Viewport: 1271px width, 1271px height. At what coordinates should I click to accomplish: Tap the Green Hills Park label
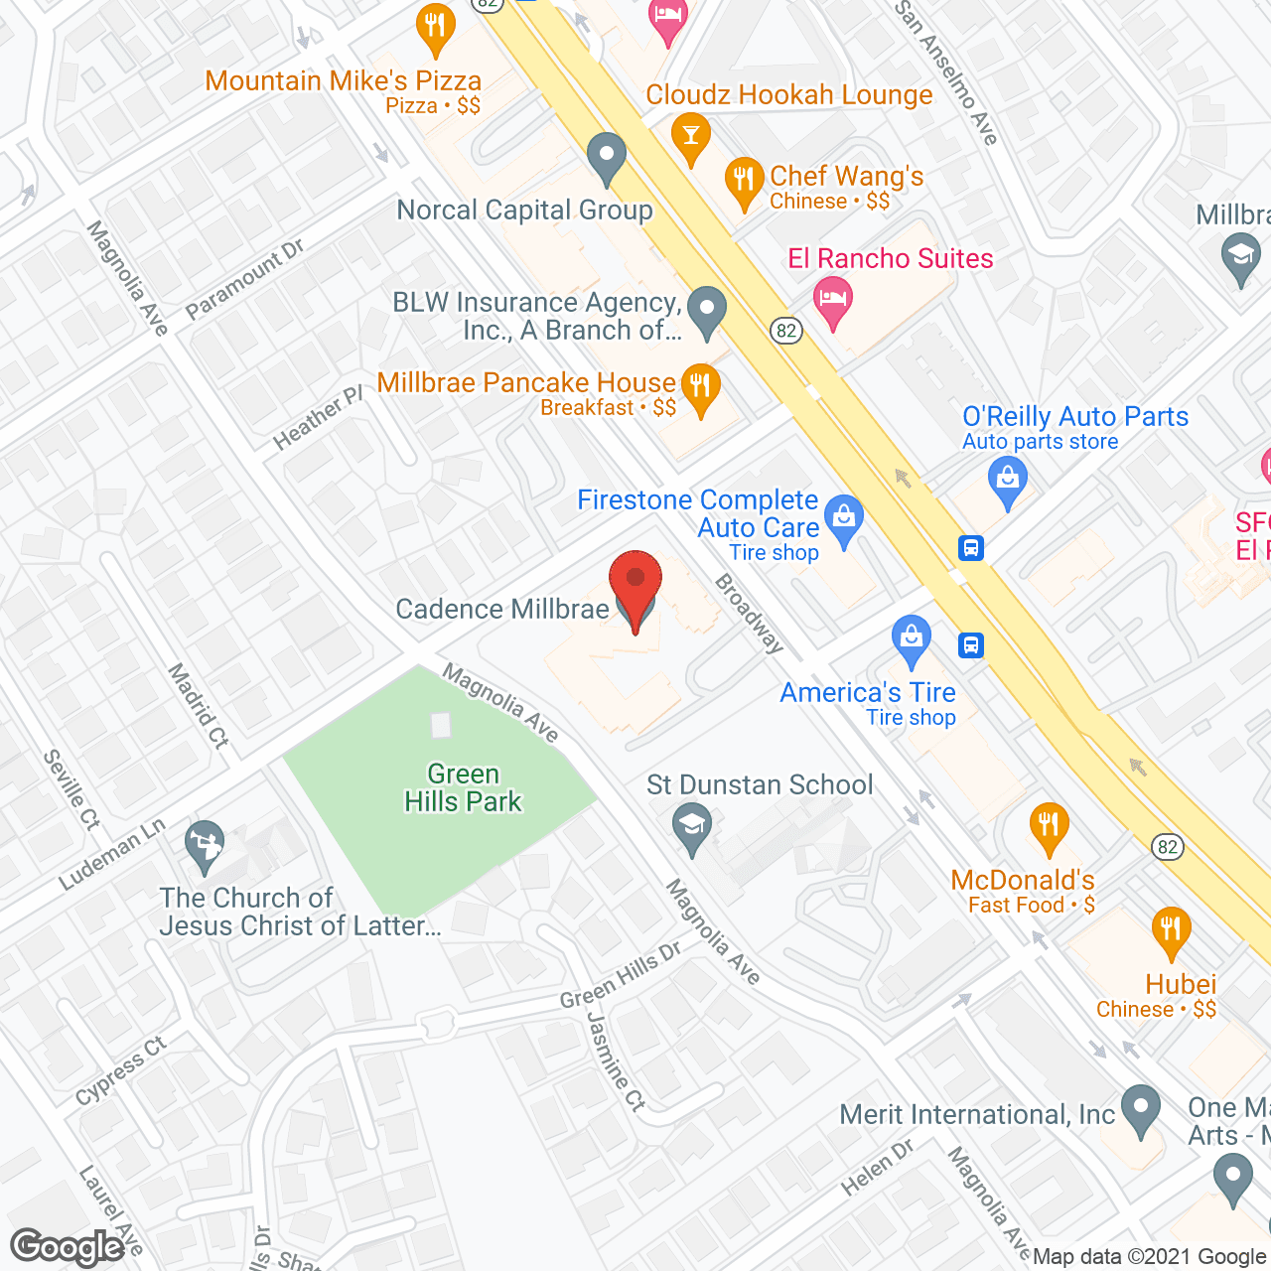point(463,788)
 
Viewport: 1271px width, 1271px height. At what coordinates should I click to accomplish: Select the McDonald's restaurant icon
point(1049,827)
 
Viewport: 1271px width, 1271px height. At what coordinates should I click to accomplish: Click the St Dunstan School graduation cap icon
point(692,827)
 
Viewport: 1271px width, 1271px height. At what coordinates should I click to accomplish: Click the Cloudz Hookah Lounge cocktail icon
point(690,136)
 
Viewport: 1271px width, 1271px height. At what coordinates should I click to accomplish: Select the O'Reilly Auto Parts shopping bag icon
point(1007,481)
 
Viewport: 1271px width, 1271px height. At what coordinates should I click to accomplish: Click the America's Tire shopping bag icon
point(911,639)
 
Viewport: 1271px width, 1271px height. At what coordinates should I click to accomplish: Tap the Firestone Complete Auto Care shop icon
point(844,519)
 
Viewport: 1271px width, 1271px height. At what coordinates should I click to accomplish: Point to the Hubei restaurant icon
point(1171,931)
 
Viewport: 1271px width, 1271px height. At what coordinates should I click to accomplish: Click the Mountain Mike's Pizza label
point(344,81)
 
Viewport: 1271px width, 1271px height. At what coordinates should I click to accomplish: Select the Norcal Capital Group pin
point(606,157)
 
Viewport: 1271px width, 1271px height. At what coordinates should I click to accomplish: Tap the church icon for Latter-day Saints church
point(205,845)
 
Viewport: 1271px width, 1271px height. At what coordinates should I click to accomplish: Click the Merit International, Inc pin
point(1141,1110)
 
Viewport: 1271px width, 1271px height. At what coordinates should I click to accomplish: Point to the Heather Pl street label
point(318,418)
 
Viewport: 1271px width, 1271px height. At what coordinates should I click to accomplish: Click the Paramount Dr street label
point(244,279)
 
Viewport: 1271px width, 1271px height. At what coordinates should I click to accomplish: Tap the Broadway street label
point(750,613)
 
